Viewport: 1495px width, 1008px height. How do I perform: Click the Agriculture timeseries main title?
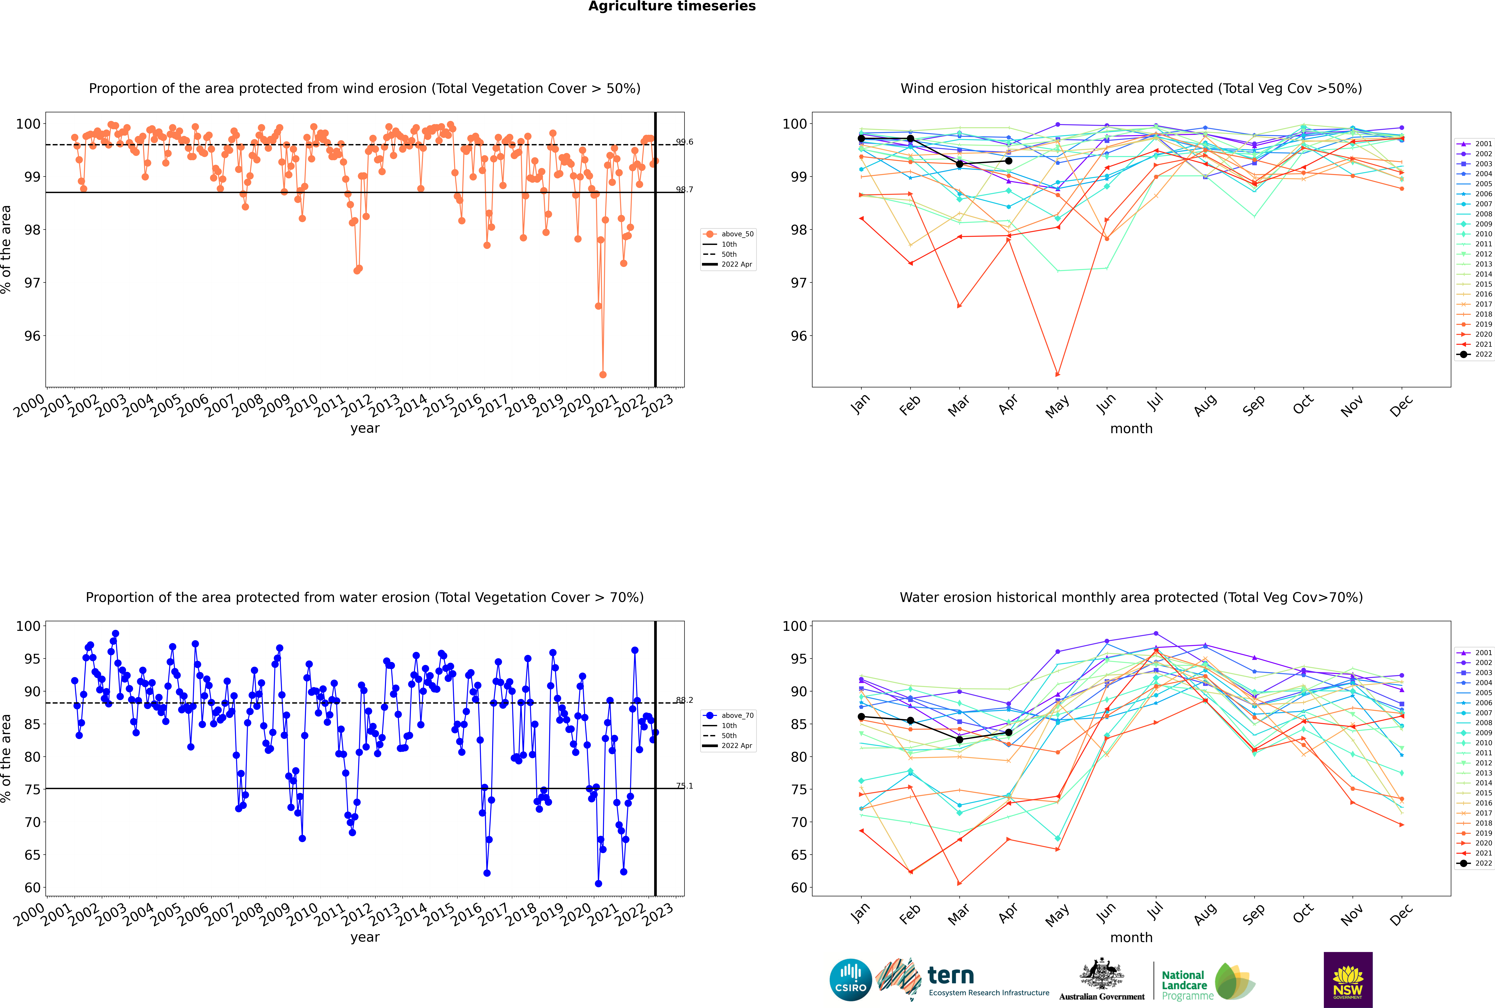tap(672, 6)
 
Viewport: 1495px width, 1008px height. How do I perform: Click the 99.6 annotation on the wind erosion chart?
tap(685, 142)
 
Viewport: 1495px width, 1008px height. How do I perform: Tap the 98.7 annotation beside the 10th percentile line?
tap(685, 190)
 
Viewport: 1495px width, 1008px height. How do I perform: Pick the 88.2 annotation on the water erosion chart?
tap(685, 700)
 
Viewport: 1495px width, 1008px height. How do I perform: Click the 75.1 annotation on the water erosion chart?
tap(685, 786)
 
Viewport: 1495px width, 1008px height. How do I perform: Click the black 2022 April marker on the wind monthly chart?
tap(1009, 161)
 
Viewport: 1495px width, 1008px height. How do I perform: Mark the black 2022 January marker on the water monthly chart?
tap(861, 717)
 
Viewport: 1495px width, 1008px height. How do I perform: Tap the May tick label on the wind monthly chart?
tap(1057, 406)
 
